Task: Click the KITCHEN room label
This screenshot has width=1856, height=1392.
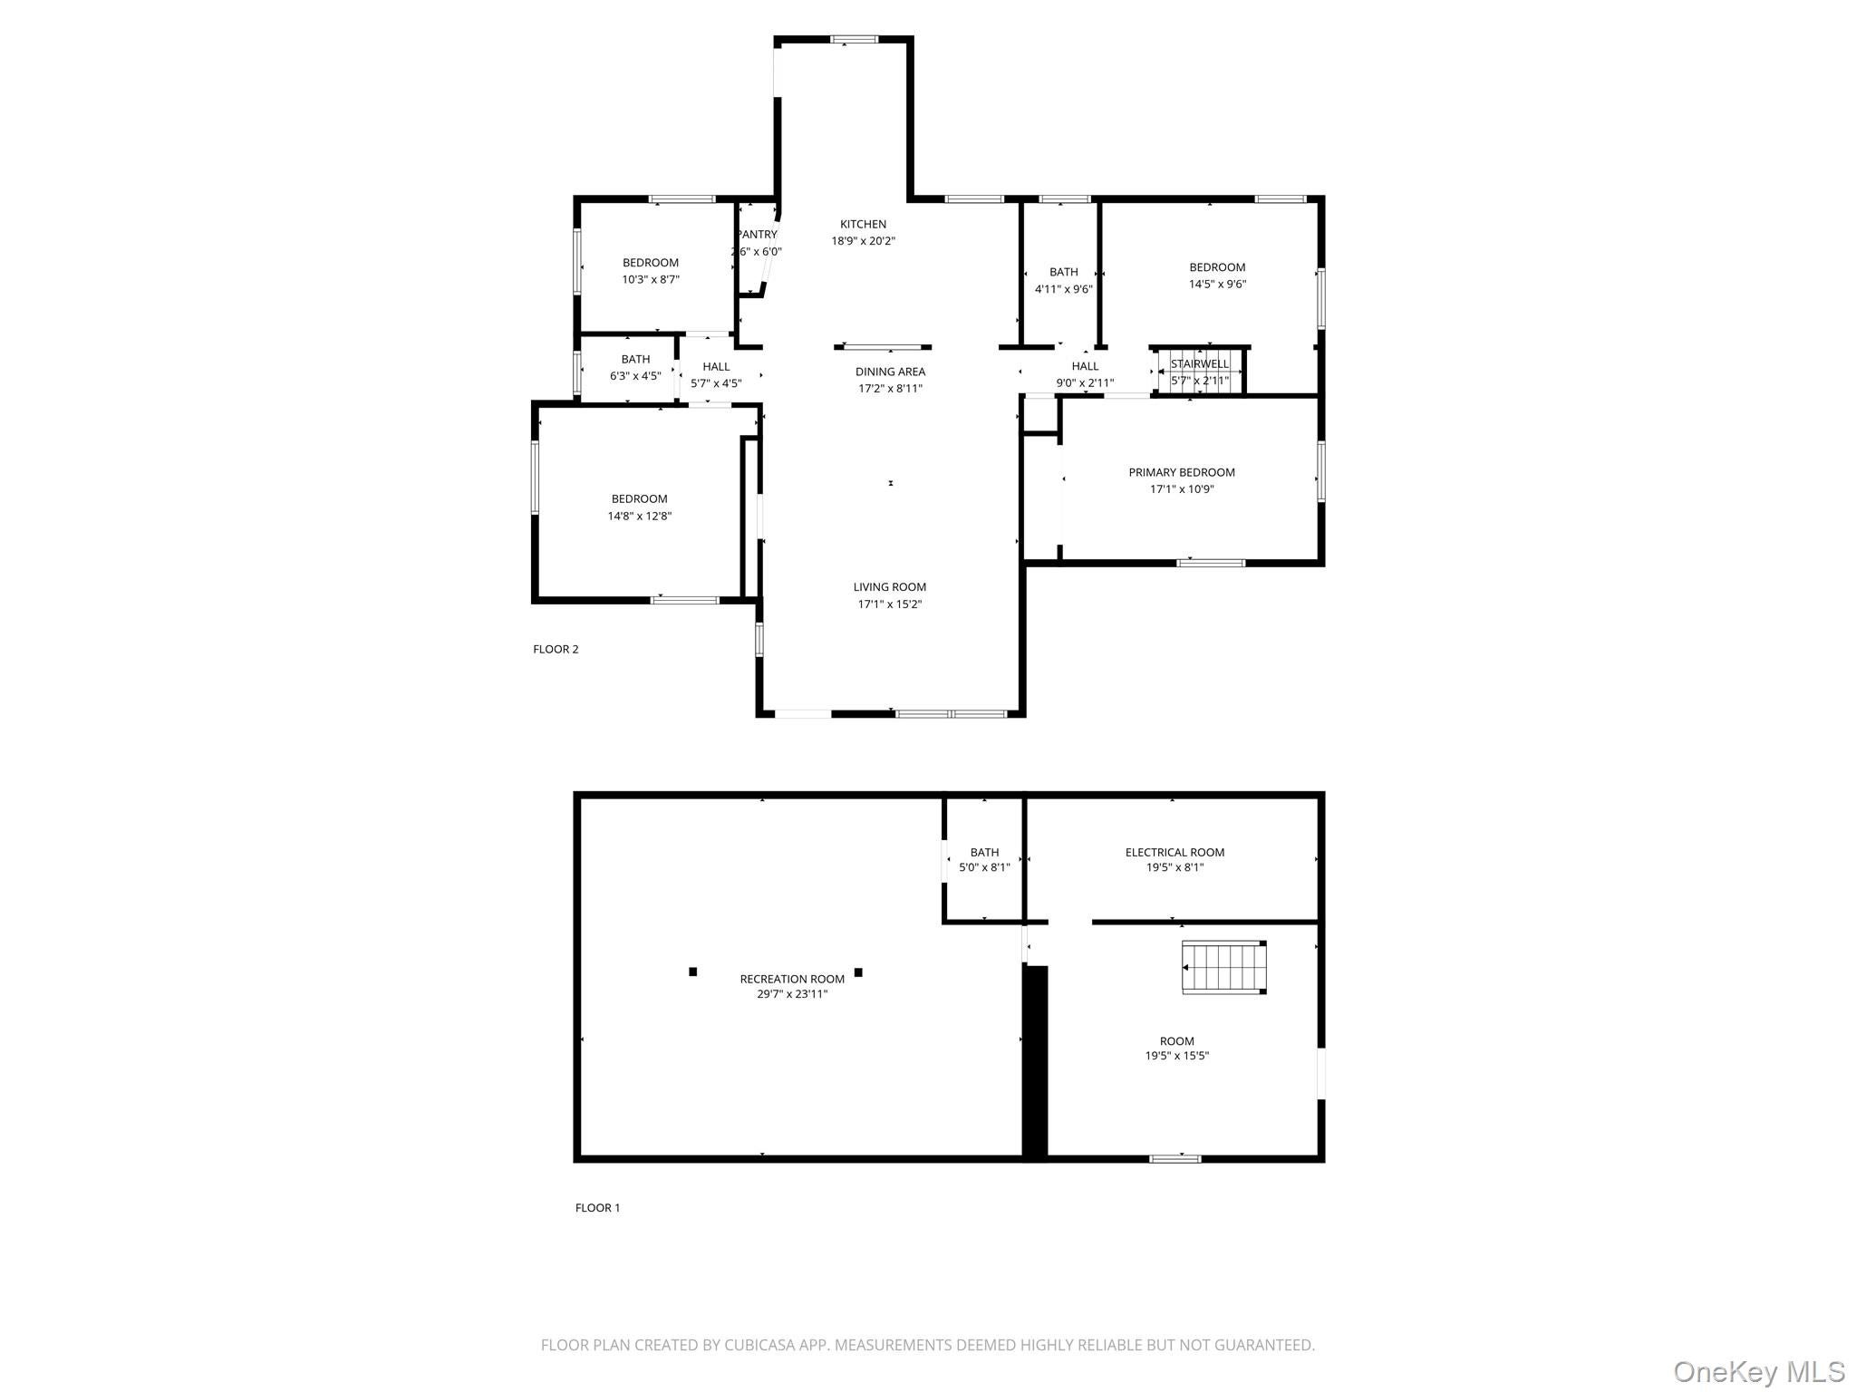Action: click(x=863, y=224)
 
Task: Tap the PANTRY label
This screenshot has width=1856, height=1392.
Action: click(x=758, y=235)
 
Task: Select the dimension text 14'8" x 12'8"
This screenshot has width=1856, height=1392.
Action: click(x=639, y=517)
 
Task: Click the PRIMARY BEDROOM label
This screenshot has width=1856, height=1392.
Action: click(x=1181, y=472)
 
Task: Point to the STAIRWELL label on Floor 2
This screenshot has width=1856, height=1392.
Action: click(x=1199, y=364)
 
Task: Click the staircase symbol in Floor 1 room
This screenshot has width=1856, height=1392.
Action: click(x=1223, y=968)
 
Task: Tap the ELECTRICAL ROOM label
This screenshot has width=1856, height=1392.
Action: click(x=1174, y=852)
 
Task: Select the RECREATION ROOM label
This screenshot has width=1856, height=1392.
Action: click(x=791, y=979)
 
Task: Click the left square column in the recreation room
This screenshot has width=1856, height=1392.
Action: click(x=692, y=971)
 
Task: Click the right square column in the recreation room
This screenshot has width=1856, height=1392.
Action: click(x=858, y=972)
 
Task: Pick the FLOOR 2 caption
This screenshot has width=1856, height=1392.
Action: click(x=555, y=649)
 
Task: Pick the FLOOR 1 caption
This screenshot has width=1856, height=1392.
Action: click(x=597, y=1207)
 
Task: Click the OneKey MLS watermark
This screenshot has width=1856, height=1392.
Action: click(x=1758, y=1371)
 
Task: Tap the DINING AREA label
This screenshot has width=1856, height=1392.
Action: click(x=890, y=372)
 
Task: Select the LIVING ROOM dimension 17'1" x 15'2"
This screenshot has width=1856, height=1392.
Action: click(x=889, y=604)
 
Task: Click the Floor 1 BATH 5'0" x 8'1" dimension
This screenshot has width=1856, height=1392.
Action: click(x=984, y=867)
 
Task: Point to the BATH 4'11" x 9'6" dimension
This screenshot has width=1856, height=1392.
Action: click(x=1063, y=289)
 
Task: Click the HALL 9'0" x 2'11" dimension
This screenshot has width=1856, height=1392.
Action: click(x=1085, y=382)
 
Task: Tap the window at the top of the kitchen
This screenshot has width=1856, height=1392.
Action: click(x=854, y=39)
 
